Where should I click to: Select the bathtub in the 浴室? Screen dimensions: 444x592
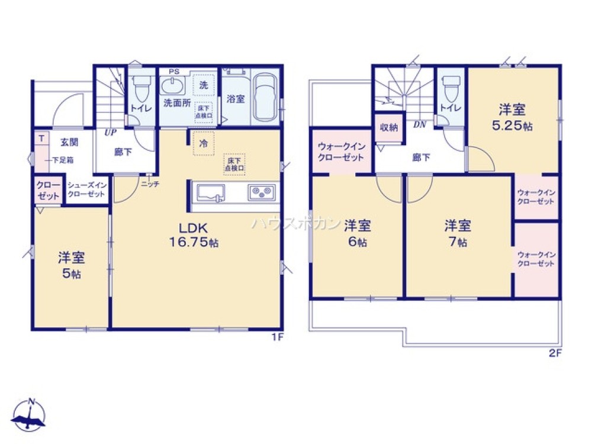[x=264, y=98]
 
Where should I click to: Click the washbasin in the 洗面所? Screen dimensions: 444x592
[x=173, y=86]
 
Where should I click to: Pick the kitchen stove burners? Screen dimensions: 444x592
[x=262, y=192]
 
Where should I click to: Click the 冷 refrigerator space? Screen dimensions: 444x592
[x=203, y=144]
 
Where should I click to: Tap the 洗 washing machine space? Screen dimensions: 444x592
[x=204, y=85]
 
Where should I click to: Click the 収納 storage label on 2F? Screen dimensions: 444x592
[x=389, y=127]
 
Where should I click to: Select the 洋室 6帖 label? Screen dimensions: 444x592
[x=358, y=233]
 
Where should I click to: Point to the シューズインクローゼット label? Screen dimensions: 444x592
[x=86, y=189]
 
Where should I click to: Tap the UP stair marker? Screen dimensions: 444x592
[x=110, y=133]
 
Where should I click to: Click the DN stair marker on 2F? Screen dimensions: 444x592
[x=420, y=125]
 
